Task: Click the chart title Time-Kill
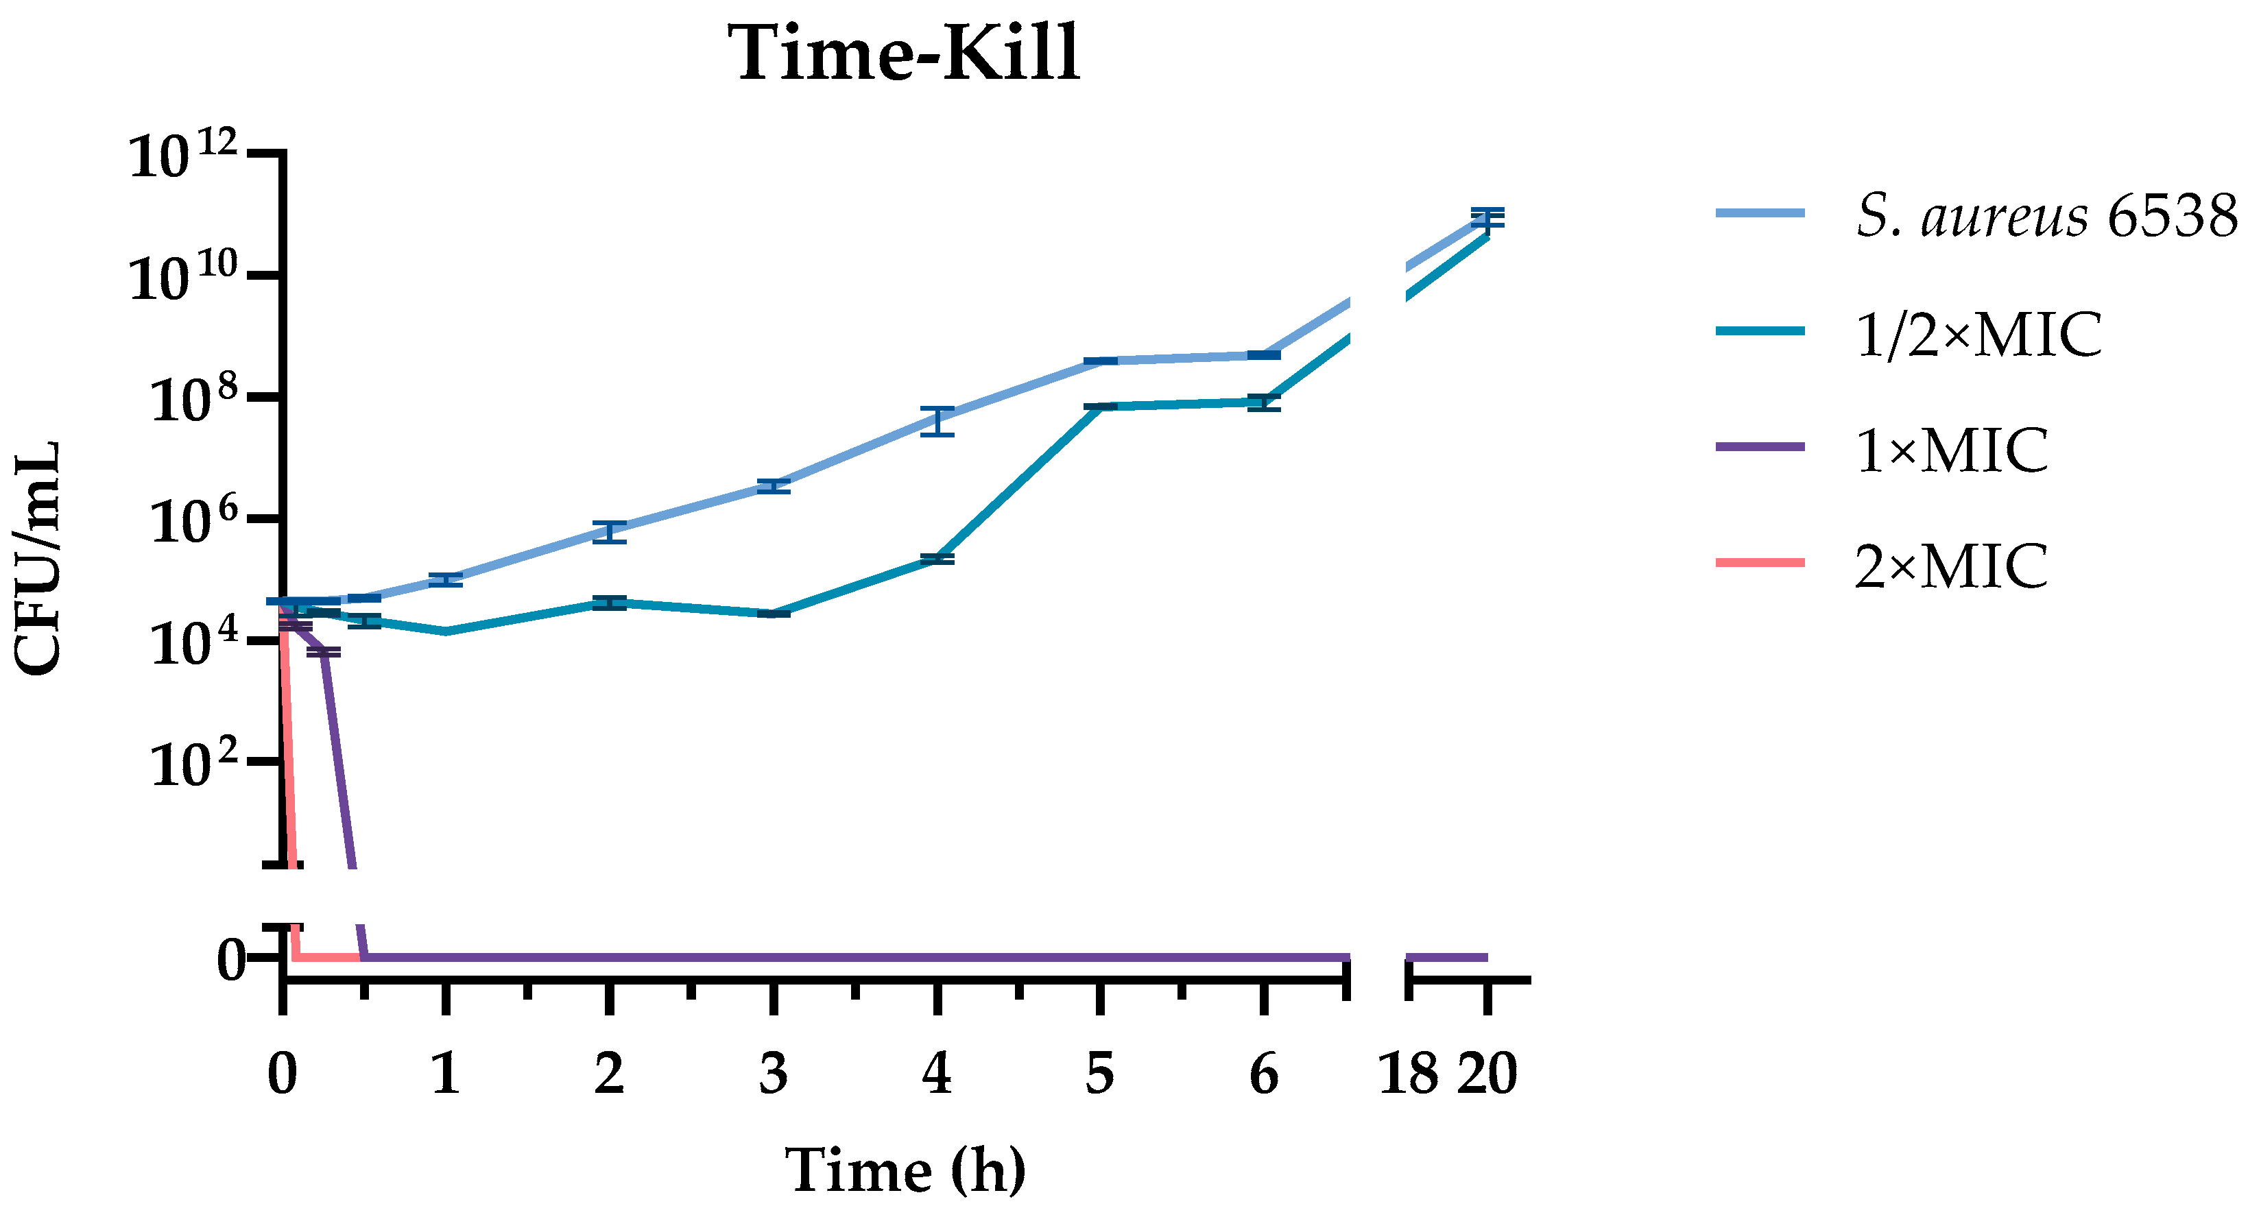coord(907,54)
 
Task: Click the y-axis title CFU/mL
coord(39,559)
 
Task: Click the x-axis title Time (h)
coord(905,1170)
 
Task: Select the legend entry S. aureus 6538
coord(2047,215)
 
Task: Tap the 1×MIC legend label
coord(1951,450)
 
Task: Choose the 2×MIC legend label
coord(1951,566)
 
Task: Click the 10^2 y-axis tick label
coord(193,764)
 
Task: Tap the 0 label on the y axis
coord(230,959)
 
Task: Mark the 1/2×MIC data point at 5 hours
coord(1101,407)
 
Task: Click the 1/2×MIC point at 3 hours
coord(773,614)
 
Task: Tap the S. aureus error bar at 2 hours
coord(609,531)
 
